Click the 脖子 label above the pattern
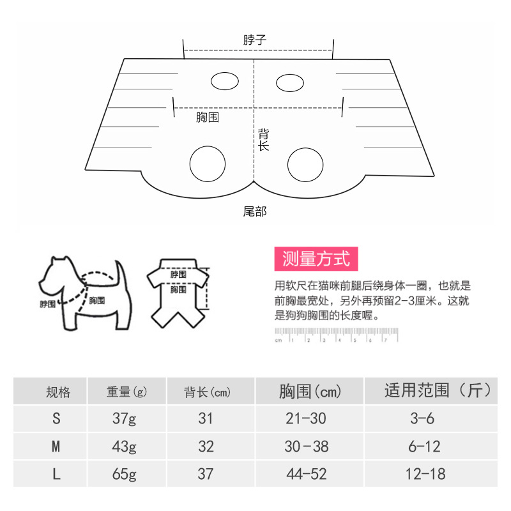pos(254,40)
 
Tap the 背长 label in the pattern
pos(263,140)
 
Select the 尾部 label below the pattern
pos(254,211)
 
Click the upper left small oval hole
pos(225,81)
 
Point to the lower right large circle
pos(304,165)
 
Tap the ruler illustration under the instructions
pos(336,335)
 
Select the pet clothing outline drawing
pos(179,291)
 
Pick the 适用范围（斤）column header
pos(438,391)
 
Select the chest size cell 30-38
pos(309,446)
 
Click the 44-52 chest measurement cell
pos(309,474)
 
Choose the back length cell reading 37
pos(206,474)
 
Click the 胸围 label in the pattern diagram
pos(208,118)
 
